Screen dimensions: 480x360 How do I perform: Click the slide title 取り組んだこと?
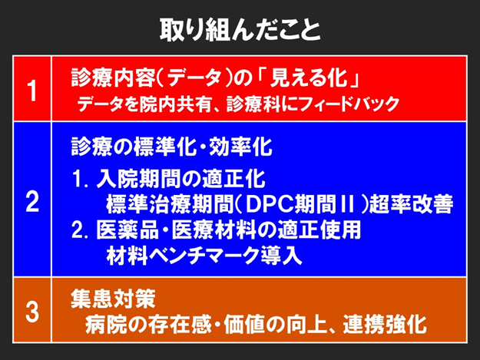click(240, 31)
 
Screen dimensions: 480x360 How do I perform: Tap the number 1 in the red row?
click(32, 91)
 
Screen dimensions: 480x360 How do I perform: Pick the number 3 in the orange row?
click(32, 312)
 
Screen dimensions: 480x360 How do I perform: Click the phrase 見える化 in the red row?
click(310, 78)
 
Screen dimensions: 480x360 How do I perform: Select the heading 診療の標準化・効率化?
click(171, 147)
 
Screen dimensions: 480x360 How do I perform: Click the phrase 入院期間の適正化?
click(180, 178)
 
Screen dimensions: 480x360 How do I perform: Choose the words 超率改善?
click(411, 204)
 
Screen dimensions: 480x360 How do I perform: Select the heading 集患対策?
click(113, 299)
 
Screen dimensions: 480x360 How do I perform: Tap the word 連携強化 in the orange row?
click(385, 324)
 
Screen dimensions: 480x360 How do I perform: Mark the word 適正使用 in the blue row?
click(319, 230)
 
